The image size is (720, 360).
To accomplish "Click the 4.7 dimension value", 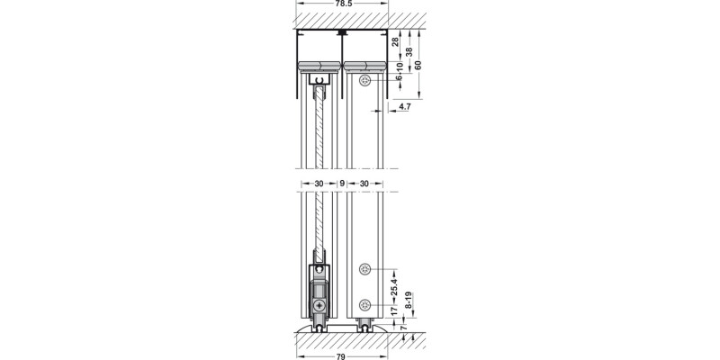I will (x=404, y=107).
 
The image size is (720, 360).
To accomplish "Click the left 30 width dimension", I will (x=319, y=184).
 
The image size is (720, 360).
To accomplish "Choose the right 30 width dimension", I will (x=363, y=184).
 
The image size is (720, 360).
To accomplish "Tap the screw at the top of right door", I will (x=364, y=82).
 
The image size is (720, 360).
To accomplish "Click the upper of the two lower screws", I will (x=364, y=270).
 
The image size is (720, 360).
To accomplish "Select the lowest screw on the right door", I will (x=364, y=304).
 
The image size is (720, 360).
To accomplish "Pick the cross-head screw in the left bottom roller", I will (x=319, y=306).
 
